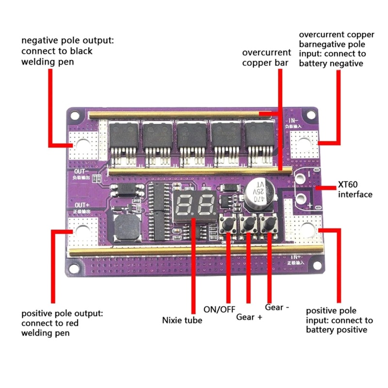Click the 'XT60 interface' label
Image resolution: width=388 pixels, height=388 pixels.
pos(355,190)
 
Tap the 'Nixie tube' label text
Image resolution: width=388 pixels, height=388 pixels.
pos(181,320)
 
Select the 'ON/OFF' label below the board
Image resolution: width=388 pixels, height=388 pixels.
pos(218,308)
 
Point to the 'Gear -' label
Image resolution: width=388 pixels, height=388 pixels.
pos(277,307)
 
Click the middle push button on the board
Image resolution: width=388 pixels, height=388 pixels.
pos(249,225)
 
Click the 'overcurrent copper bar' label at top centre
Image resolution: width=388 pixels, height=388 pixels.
pos(266,57)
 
